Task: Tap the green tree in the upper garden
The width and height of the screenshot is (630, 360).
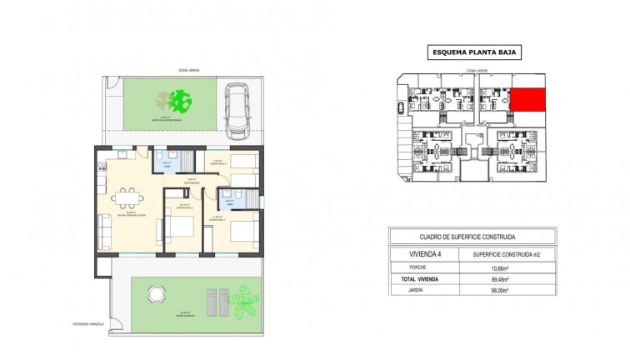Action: coord(178,102)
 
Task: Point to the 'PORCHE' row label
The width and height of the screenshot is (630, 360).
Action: coord(418,268)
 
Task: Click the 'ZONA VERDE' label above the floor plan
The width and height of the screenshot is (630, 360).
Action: coord(175,71)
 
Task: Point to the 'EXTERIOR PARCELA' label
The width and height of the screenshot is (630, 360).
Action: coord(87,323)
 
